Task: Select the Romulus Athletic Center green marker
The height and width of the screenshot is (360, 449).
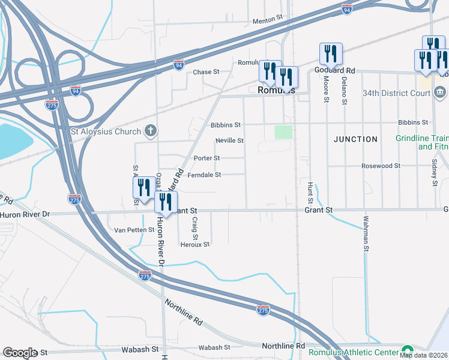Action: [x=408, y=350]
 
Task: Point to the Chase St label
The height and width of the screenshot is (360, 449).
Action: [x=206, y=72]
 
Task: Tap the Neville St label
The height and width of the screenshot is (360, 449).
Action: [x=230, y=141]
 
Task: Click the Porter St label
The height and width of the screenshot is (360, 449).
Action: [x=206, y=158]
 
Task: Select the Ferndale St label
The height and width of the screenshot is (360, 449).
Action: [x=205, y=175]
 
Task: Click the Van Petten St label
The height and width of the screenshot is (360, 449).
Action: [x=135, y=230]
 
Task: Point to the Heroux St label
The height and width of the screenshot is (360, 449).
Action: [x=195, y=245]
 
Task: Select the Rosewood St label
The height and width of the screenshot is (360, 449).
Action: [x=381, y=166]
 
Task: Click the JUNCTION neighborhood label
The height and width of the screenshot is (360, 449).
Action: [x=356, y=139]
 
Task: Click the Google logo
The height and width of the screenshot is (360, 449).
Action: [x=19, y=353]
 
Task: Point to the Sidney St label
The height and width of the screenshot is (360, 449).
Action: [x=433, y=169]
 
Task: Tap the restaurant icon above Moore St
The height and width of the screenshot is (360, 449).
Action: [x=331, y=55]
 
